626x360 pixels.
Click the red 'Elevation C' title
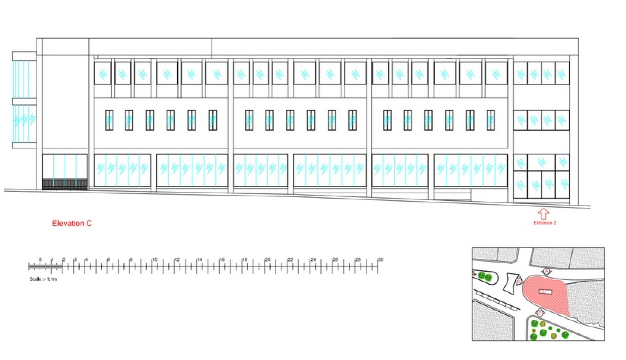pos(72,223)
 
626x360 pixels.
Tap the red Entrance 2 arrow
pos(543,214)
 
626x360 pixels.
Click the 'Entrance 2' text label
pos(545,223)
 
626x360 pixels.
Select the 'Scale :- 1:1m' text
pos(43,279)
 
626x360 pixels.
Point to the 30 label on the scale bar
pos(380,259)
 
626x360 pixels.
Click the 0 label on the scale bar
pos(40,259)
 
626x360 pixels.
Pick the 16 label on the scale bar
pos(222,259)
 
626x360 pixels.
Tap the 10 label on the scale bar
pos(155,259)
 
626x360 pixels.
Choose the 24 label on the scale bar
pos(313,259)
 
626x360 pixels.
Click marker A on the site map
pos(546,271)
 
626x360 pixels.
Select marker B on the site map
pos(518,282)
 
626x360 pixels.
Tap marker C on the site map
pos(540,313)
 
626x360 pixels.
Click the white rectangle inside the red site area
pos(545,292)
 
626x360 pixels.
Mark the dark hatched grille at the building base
pos(65,184)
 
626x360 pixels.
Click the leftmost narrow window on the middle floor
pos(109,120)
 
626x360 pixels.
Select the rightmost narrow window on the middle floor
pos(490,120)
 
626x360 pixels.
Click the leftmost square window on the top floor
pos(103,73)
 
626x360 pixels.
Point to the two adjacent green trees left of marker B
pos(485,276)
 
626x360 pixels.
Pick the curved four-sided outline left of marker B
pos(511,283)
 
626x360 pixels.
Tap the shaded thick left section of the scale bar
pos(45,267)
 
